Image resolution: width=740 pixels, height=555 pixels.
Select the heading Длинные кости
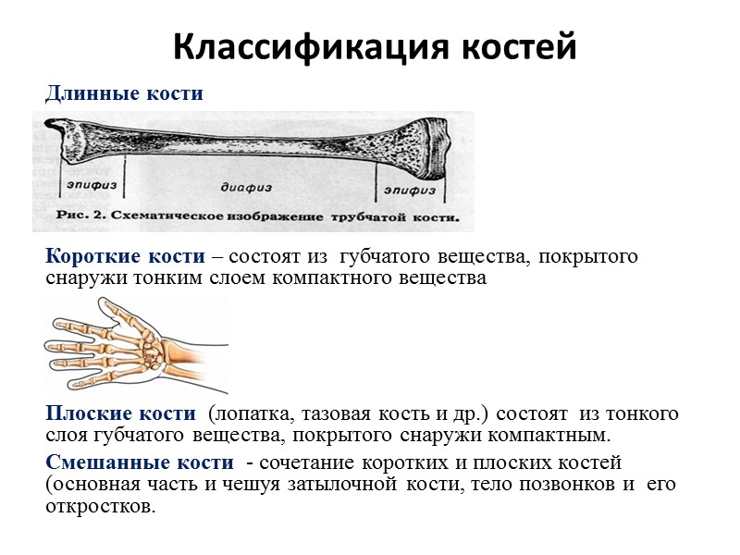[x=124, y=93]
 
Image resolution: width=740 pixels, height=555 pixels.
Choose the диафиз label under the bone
[x=244, y=187]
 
